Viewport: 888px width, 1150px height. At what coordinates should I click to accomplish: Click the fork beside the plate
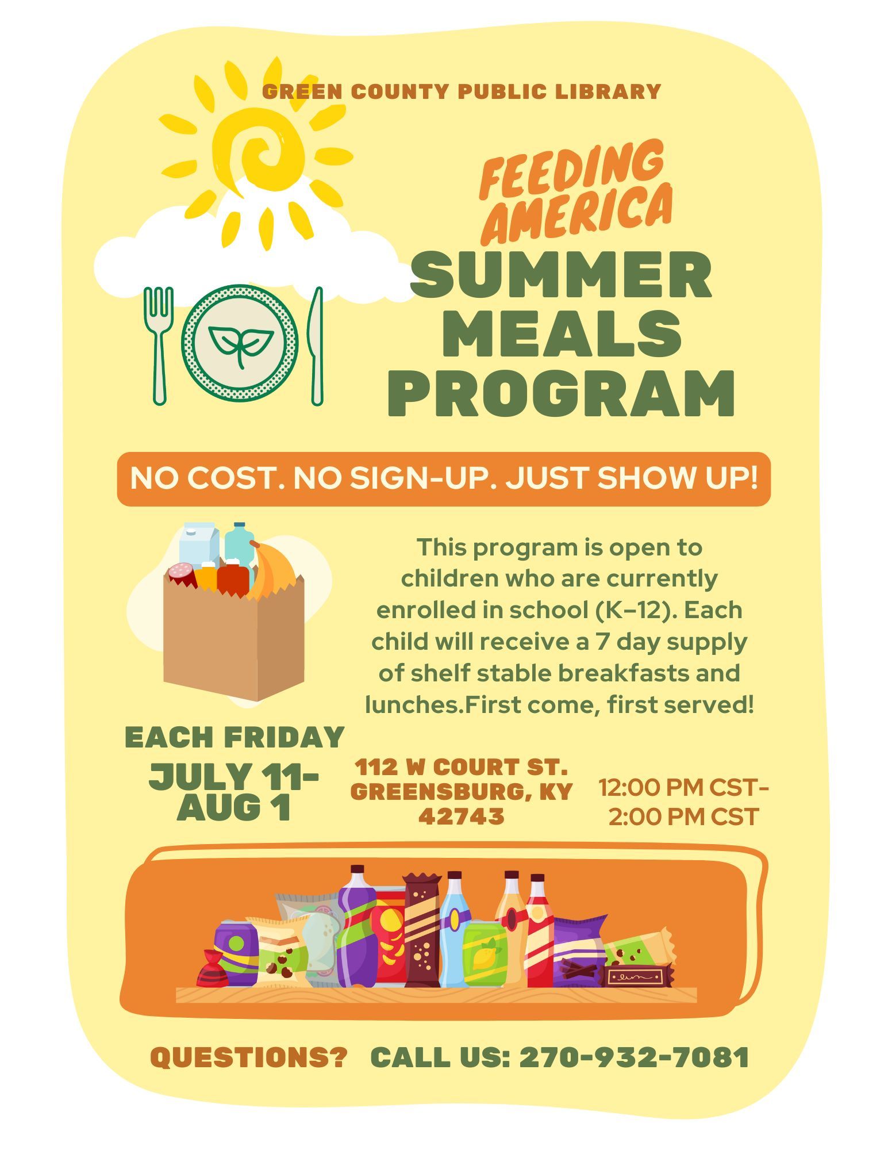click(x=159, y=345)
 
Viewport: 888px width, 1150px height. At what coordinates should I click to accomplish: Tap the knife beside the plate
click(x=316, y=345)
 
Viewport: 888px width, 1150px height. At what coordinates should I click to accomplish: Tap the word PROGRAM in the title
click(x=561, y=393)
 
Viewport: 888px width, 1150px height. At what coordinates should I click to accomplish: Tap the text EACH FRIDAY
click(x=235, y=737)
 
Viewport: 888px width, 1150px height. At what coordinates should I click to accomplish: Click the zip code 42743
click(x=462, y=816)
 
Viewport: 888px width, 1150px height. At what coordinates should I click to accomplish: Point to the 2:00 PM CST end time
click(x=683, y=817)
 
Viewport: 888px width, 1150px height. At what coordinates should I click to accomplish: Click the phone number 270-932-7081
click(x=634, y=1057)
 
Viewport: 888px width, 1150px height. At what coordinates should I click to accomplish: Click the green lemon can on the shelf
click(x=486, y=953)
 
